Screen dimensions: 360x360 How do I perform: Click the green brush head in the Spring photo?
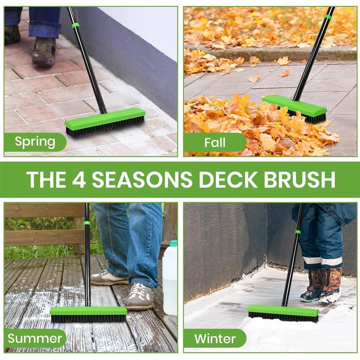point(104,119)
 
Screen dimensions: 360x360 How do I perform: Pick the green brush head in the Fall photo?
point(295,105)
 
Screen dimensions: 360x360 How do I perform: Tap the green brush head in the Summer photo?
point(88,310)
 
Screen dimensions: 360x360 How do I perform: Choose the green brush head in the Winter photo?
point(283,310)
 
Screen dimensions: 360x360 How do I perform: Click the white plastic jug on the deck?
point(170,279)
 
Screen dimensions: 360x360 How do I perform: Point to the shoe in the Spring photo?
point(44,51)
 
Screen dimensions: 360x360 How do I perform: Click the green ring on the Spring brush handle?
point(75,25)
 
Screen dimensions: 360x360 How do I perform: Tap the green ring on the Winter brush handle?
point(297,232)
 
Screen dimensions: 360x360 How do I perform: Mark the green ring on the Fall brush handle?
point(327,17)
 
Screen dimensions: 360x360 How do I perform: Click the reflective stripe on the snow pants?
point(321,261)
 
